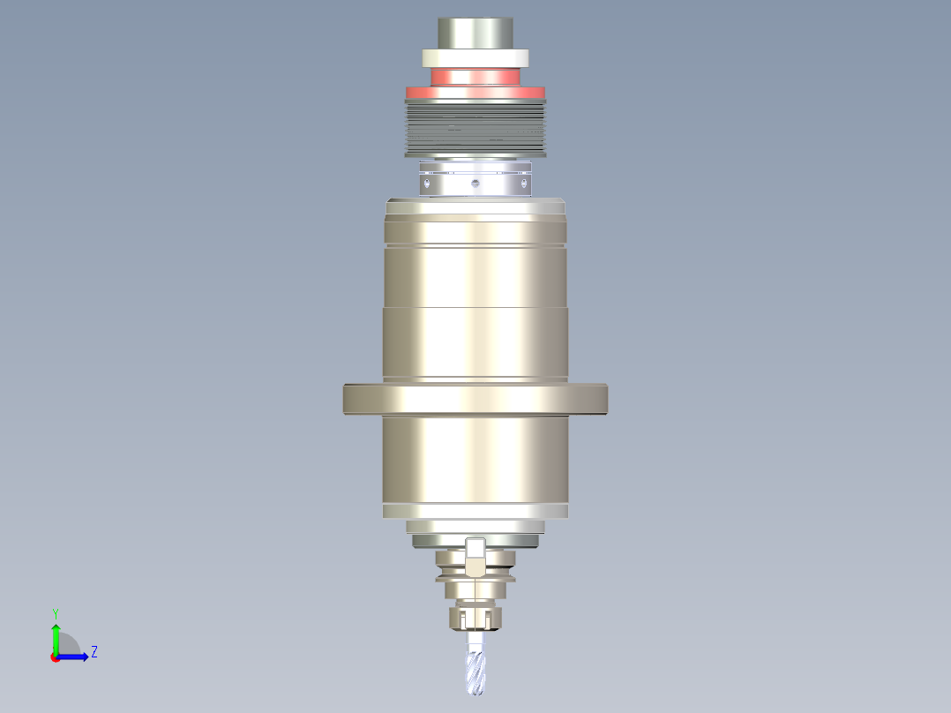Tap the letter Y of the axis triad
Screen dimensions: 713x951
55,612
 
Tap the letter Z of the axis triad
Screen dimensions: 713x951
94,652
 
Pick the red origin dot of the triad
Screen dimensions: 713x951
55,657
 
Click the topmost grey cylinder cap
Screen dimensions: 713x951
475,34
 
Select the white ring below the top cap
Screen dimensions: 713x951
475,58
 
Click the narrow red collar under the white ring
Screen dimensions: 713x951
475,77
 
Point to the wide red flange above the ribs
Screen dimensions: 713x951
475,92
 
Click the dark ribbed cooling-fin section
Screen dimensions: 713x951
475,128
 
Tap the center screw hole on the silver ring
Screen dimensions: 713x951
475,184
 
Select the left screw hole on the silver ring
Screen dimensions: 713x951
427,184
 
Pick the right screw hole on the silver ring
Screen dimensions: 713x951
525,184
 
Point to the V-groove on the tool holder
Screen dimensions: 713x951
475,580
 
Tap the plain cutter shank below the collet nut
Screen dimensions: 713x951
475,640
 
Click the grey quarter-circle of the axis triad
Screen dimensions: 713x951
69,646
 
